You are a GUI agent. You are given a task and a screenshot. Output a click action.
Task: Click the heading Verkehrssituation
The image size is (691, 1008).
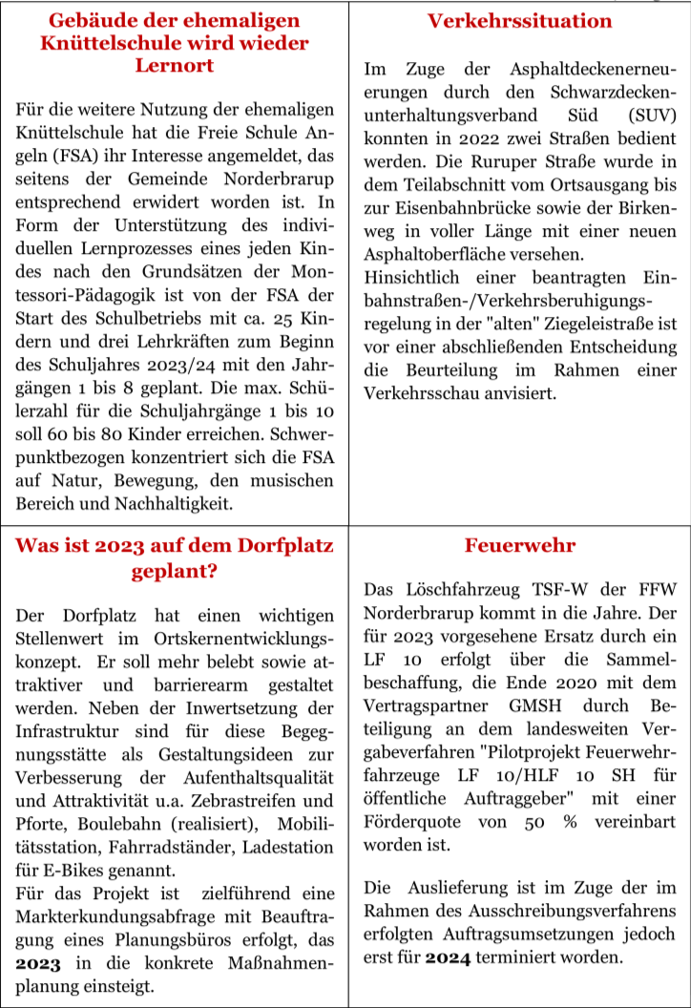click(519, 21)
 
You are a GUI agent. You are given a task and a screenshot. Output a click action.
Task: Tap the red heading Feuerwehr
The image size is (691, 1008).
click(519, 546)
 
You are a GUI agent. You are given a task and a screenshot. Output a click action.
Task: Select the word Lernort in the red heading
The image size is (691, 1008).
click(173, 65)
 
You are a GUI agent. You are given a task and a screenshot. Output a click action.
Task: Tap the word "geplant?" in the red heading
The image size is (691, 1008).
click(173, 571)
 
